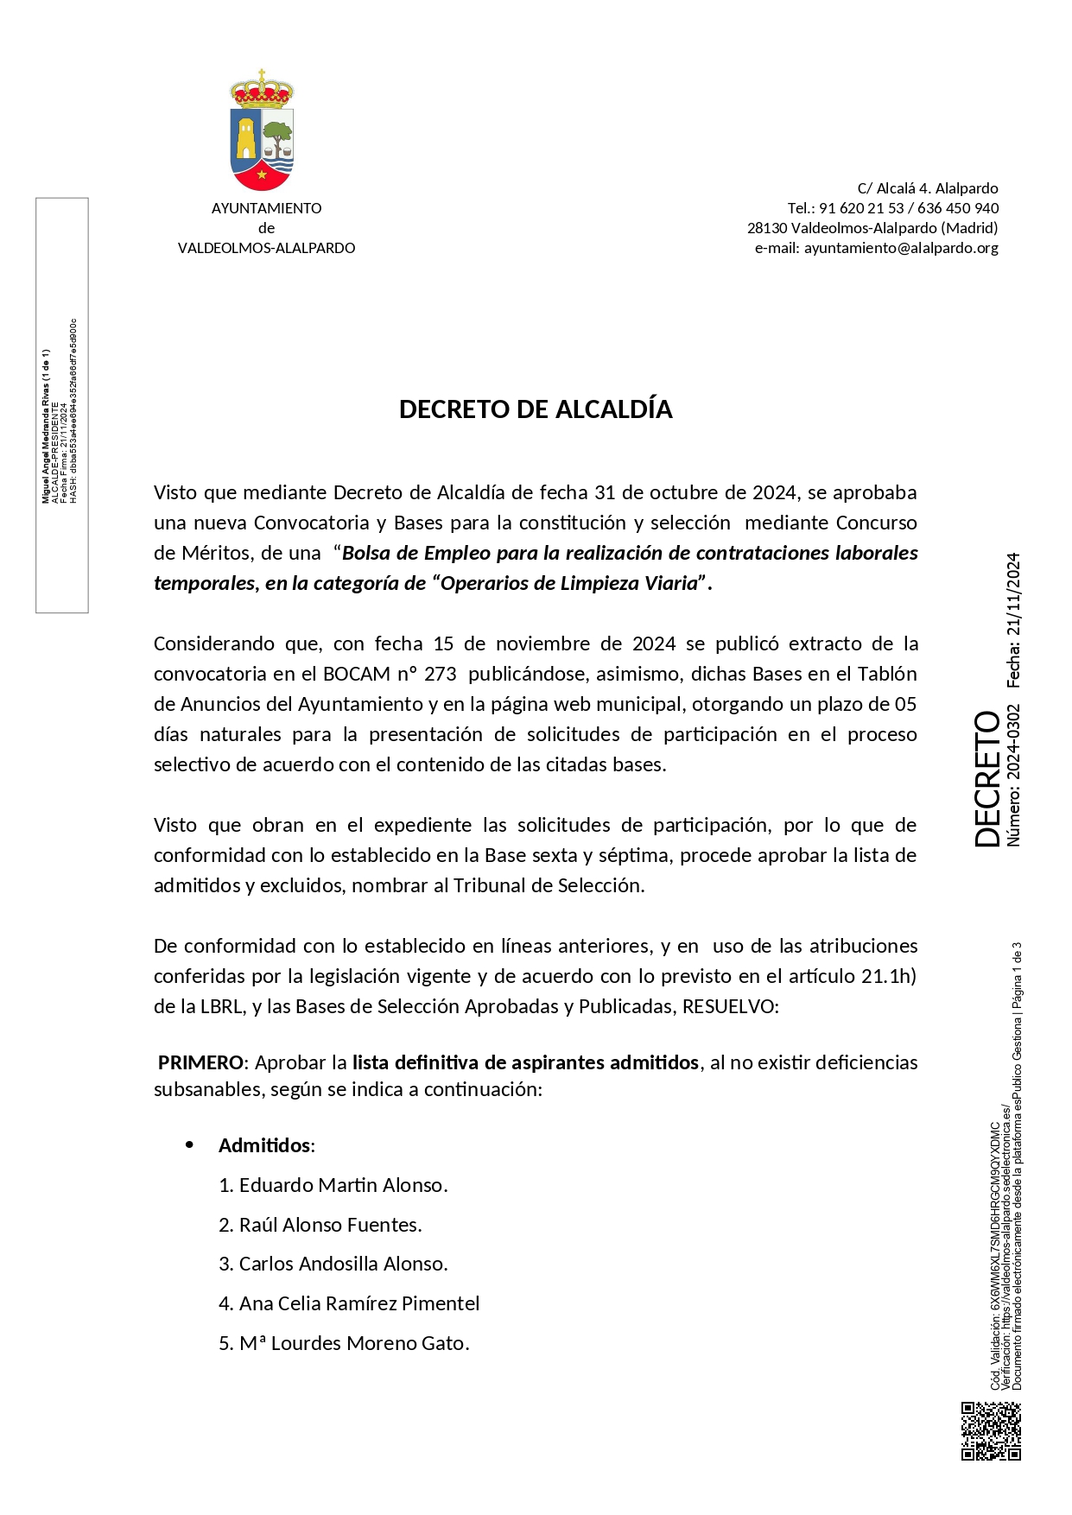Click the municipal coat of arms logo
pos(262,131)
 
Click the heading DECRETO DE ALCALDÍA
pos(536,409)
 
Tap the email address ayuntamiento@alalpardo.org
pos(901,248)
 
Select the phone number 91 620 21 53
pos(861,208)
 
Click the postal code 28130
pos(767,228)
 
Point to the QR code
pos(991,1431)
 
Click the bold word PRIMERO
pos(200,1062)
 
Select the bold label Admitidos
pos(265,1145)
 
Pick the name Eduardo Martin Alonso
pos(343,1185)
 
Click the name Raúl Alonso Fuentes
pos(330,1225)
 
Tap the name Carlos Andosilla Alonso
pos(343,1264)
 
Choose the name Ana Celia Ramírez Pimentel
pos(359,1303)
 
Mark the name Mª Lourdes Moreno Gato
pos(354,1343)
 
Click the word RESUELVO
pos(730,1006)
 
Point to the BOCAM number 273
pos(440,674)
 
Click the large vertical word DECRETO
pos(987,779)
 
